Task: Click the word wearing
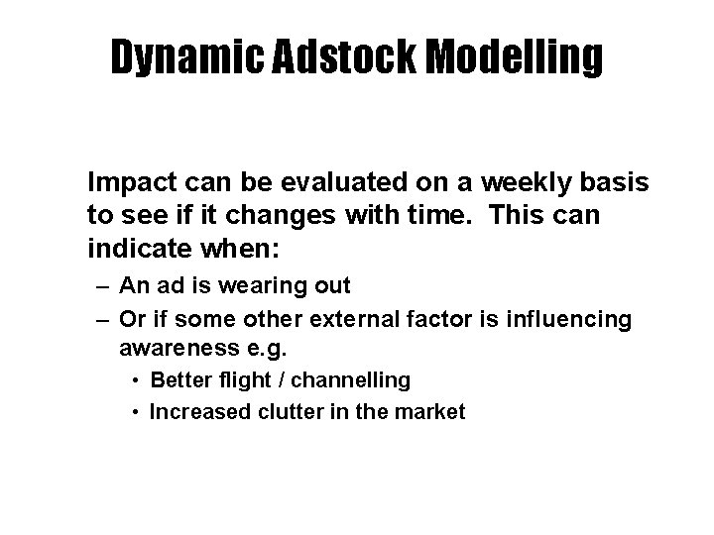(253, 286)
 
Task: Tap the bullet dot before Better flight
(134, 380)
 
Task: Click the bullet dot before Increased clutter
(134, 412)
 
